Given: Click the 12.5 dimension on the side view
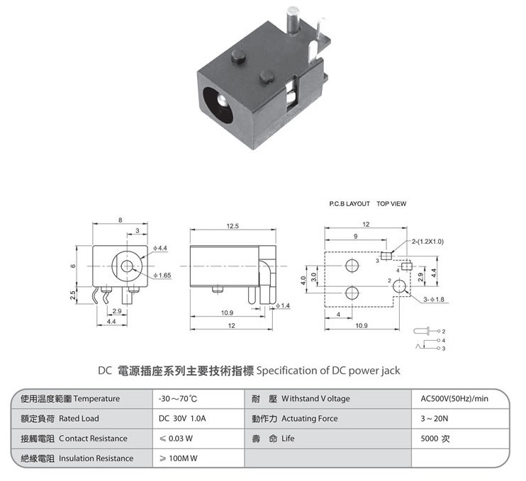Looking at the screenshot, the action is [233, 226].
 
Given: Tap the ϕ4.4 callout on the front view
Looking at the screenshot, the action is [160, 248].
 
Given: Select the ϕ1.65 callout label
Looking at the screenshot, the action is [162, 275].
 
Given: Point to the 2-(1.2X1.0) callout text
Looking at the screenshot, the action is [427, 242].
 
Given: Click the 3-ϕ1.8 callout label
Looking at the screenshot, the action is [434, 299].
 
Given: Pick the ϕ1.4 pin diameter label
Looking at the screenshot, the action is [283, 306].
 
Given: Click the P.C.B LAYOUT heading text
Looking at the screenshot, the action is [349, 203].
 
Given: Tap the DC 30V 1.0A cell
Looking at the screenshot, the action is [182, 419].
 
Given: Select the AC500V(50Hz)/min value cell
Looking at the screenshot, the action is [454, 399].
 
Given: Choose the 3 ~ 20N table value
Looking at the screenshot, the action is [434, 419].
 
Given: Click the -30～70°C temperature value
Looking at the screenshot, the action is [178, 399].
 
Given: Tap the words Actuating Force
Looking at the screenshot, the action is [309, 419].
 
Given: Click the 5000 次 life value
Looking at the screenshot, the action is [435, 438].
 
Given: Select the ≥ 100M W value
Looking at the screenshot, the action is [178, 458].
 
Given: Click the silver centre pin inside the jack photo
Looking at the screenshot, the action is [222, 101].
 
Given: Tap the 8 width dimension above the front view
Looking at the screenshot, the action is [120, 220].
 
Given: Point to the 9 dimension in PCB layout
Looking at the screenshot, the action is [356, 237].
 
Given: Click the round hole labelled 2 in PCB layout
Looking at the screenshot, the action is [399, 286].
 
